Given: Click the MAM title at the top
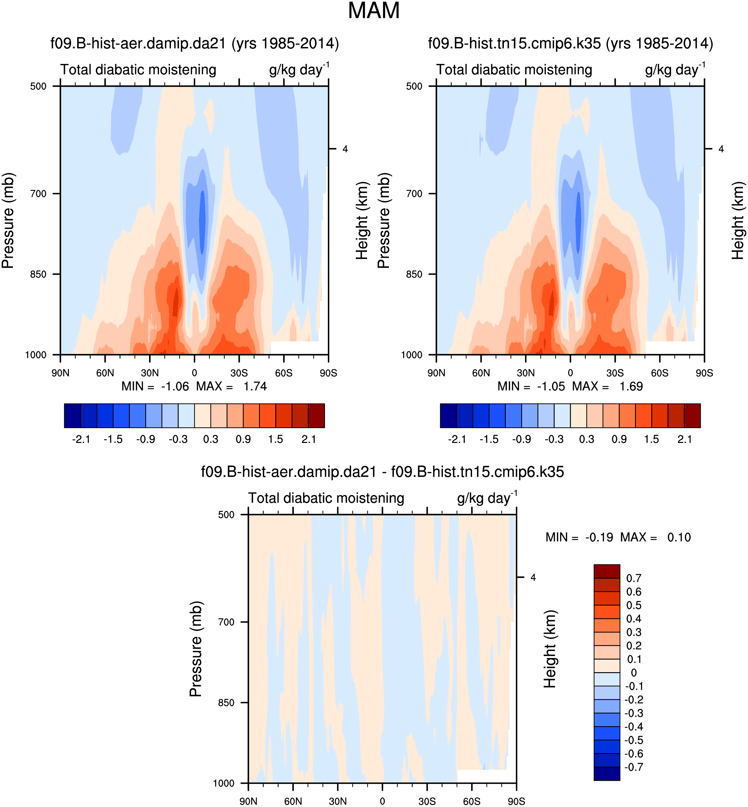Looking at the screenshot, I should click(x=374, y=11).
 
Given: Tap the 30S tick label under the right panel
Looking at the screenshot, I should click(x=615, y=373).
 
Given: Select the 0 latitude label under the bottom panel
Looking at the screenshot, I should click(x=382, y=801).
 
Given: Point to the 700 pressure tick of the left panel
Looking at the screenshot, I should click(x=38, y=193).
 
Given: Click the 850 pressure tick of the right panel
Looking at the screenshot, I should click(x=414, y=274).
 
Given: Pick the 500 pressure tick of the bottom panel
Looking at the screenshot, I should click(x=226, y=514).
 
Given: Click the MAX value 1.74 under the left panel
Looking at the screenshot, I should click(x=255, y=387).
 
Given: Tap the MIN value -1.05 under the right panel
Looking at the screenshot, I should click(x=551, y=387).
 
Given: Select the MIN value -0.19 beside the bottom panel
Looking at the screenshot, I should click(x=599, y=537).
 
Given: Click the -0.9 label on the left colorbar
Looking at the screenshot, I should click(x=145, y=439).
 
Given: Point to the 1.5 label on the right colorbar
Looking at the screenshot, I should click(x=651, y=439).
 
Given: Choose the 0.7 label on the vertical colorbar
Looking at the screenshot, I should click(x=633, y=578).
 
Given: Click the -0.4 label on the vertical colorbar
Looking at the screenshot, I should click(x=633, y=726).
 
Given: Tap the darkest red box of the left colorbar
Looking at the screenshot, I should click(x=316, y=415).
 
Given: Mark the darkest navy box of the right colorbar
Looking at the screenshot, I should click(x=449, y=415).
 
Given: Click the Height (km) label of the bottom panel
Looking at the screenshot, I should click(x=550, y=649).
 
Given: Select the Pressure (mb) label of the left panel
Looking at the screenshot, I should click(x=8, y=221).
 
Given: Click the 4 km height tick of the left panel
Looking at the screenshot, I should click(x=345, y=149).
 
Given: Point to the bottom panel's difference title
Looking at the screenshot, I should click(x=382, y=472).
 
